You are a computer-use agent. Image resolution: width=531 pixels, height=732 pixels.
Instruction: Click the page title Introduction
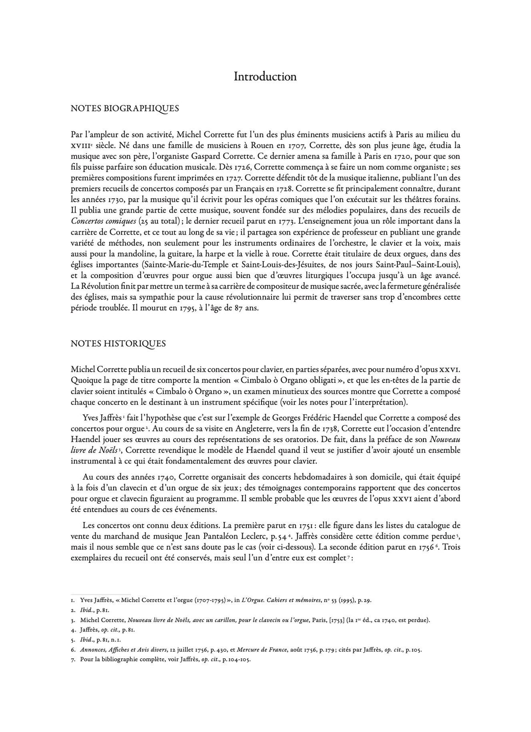265,77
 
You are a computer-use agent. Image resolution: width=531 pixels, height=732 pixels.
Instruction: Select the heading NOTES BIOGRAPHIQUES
125,109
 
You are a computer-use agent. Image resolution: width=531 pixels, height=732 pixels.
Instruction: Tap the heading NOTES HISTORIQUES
118,343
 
